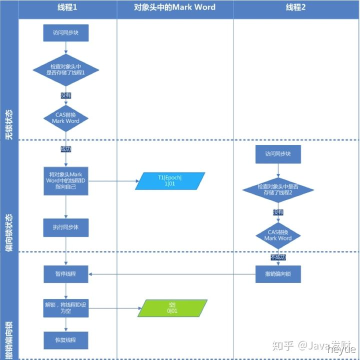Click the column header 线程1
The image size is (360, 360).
pos(66,7)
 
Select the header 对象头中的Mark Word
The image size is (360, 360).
pos(174,7)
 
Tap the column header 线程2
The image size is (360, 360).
pos(295,7)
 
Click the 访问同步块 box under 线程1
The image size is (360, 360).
pos(65,33)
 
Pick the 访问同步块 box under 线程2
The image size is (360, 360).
pos(278,154)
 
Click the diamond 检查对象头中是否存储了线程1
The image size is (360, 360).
pos(65,69)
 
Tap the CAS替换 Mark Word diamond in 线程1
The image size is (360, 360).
pos(65,118)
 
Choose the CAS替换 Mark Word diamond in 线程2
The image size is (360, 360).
pos(278,235)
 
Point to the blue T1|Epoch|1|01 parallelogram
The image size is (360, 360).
pos(170,180)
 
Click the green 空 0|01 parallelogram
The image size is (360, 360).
pos(172,308)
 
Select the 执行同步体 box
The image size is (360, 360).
pos(65,227)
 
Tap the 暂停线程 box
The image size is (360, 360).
pos(65,274)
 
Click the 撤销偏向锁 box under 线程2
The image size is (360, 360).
pos(278,274)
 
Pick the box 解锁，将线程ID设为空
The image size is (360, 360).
pos(65,307)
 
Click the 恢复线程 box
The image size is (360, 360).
pos(65,340)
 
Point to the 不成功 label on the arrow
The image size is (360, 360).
pos(278,258)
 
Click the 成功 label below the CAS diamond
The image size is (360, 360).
pos(65,149)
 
